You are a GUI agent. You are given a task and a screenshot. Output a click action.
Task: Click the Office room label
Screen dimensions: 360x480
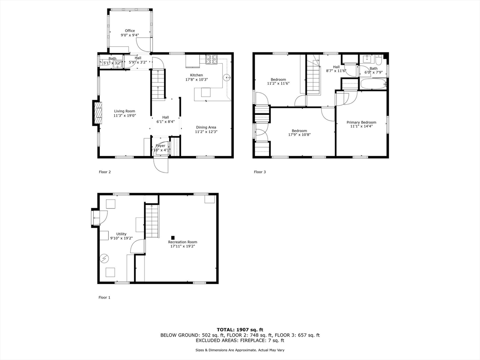pos(130,31)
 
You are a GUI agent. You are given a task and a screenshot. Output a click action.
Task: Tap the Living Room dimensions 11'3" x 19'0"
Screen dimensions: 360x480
pos(124,116)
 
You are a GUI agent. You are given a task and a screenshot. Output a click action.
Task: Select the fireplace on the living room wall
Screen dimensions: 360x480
pos(97,113)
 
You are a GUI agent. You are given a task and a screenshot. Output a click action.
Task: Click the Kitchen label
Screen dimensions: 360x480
pos(196,75)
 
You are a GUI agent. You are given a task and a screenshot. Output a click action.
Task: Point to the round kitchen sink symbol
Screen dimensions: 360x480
pos(226,78)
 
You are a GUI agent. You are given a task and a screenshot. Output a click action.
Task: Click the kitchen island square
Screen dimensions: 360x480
pos(206,92)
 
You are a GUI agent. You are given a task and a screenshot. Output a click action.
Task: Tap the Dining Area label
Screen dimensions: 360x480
pos(206,127)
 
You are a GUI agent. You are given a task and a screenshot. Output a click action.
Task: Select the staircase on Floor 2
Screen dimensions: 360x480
pos(158,84)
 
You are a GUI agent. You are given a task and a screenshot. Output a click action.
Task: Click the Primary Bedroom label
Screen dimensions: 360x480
pos(361,122)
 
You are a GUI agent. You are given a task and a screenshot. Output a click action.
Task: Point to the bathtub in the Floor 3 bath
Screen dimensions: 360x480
pos(373,85)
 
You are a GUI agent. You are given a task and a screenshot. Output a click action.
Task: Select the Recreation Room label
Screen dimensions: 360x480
pos(182,242)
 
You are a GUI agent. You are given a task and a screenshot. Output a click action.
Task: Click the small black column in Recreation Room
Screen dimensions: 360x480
pos(173,237)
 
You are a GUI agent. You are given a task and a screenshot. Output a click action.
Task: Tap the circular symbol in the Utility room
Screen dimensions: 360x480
pos(105,258)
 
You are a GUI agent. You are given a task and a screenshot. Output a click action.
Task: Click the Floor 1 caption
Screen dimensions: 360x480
pos(104,297)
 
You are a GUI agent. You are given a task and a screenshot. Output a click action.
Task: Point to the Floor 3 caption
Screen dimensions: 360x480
pos(260,172)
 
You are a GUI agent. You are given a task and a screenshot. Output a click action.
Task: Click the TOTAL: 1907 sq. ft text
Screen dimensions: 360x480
pos(240,330)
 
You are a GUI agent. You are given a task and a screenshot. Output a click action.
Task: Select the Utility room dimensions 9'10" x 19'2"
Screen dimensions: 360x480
pos(121,238)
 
